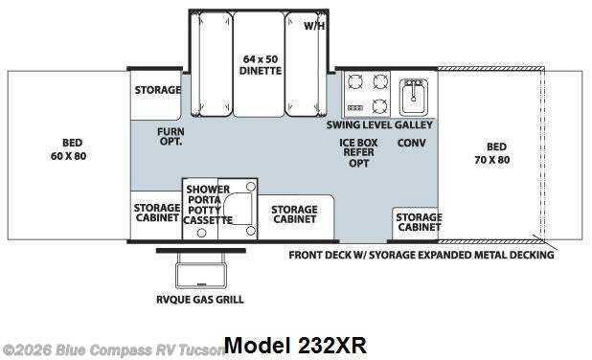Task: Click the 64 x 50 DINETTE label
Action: [x=260, y=64]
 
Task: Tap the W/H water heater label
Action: [x=314, y=26]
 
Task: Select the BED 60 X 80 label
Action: [x=66, y=149]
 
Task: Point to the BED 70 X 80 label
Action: [x=496, y=152]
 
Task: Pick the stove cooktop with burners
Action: [x=369, y=93]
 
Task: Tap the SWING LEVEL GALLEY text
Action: [x=379, y=124]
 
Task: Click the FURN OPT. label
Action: [x=171, y=135]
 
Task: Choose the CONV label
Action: [x=412, y=143]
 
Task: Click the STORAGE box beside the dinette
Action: [x=157, y=90]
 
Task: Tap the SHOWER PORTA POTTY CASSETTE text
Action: [x=207, y=205]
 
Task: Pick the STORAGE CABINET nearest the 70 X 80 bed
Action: [x=419, y=222]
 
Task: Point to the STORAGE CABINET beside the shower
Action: [x=156, y=213]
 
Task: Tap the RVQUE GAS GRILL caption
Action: [x=200, y=300]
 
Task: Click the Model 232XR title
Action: [x=294, y=346]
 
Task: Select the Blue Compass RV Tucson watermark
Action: [x=113, y=349]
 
